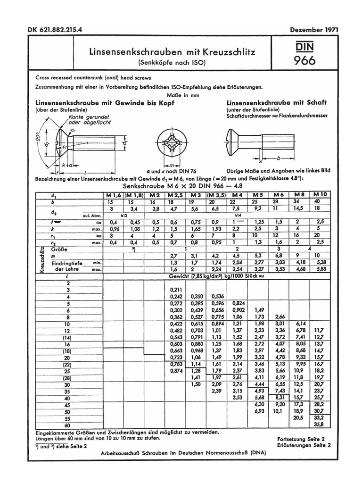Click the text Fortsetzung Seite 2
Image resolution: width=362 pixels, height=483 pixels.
point(304,438)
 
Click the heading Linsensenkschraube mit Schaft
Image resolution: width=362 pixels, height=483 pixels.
point(277,102)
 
